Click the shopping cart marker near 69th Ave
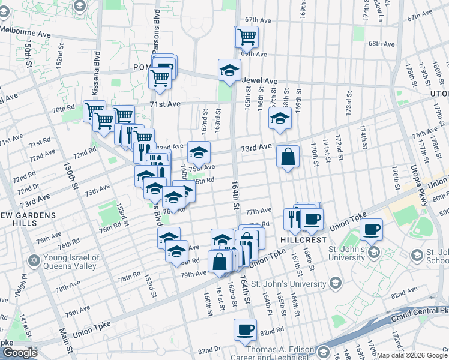click(246, 37)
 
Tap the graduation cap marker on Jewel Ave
click(229, 71)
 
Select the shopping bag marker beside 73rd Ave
click(288, 157)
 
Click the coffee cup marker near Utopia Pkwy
click(371, 229)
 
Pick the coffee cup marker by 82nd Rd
click(245, 329)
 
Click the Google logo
click(20, 352)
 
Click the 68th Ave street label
click(381, 44)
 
